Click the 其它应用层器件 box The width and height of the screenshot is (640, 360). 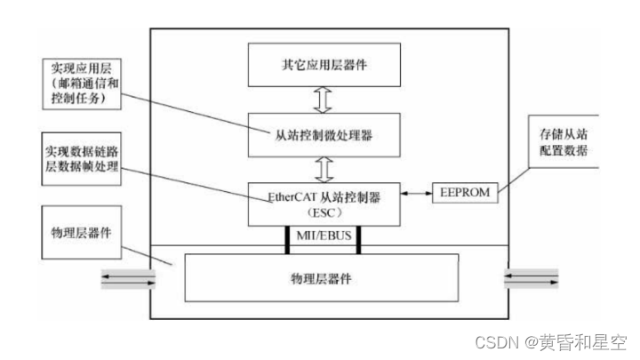pos(323,65)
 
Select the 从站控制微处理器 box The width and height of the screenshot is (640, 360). pos(323,136)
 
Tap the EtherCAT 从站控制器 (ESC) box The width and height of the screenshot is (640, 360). pos(323,204)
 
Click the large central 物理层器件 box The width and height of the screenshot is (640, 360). pos(323,277)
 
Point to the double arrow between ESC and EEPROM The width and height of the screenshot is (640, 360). pos(415,190)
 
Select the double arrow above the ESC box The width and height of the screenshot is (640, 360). pos(323,170)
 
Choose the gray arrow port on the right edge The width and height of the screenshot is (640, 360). pos(532,279)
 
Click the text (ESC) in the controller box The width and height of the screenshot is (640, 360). pos(323,213)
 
